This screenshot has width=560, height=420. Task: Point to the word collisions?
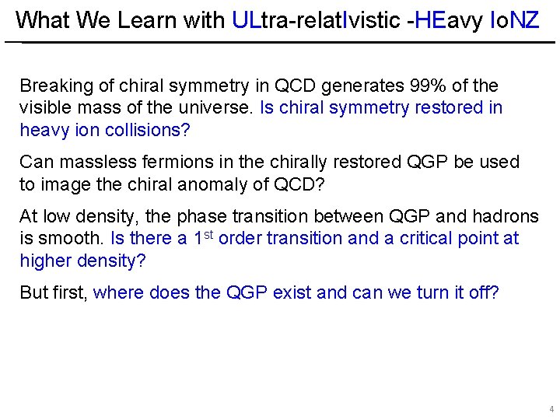coord(146,130)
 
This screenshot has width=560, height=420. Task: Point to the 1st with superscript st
coord(204,237)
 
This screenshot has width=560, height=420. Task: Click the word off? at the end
coord(483,293)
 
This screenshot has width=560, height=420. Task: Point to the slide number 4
coord(551,409)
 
